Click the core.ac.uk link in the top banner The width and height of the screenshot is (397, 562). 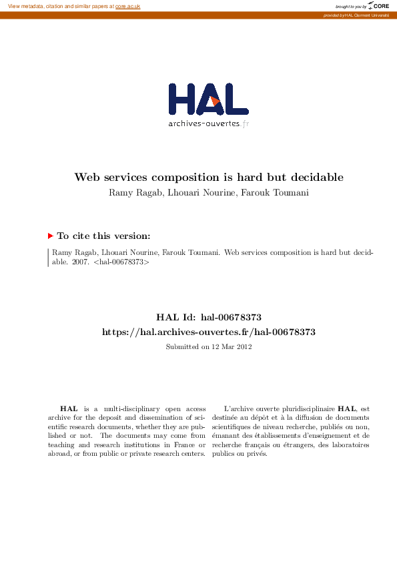click(127, 6)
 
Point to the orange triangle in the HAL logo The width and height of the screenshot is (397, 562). click(215, 101)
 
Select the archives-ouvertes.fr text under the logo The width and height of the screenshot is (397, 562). click(208, 123)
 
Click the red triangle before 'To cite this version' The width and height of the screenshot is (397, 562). click(50, 236)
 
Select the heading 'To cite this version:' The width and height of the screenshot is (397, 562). click(103, 236)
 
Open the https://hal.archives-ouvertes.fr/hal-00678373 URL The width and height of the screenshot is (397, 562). click(208, 332)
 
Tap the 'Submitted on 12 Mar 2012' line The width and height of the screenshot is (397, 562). click(208, 346)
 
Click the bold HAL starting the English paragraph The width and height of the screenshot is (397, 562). click(68, 408)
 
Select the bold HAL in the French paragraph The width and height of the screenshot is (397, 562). click(346, 408)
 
